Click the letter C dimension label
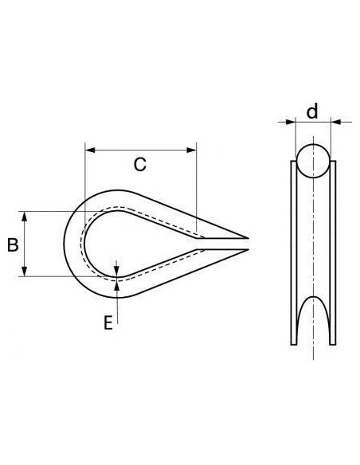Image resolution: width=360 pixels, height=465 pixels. tap(139, 166)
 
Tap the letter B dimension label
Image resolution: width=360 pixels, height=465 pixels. tap(13, 245)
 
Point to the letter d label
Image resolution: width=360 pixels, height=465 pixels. tap(312, 111)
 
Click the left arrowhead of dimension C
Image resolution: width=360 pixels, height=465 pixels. tap(89, 149)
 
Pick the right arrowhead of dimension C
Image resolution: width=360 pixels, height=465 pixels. tap(191, 149)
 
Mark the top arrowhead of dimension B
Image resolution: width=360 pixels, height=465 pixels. tap(27, 216)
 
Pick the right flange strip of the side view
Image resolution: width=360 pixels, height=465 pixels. tap(335, 255)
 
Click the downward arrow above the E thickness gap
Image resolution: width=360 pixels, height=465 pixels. tap(117, 266)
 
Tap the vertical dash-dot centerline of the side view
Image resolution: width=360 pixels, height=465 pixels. tap(312, 239)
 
